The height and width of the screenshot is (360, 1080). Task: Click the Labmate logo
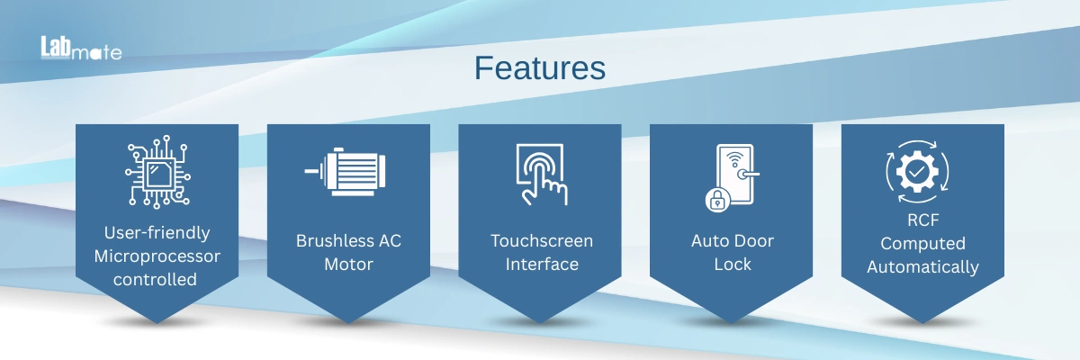click(x=81, y=49)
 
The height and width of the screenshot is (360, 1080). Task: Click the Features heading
click(x=540, y=68)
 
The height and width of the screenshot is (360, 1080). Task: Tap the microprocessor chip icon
click(x=157, y=172)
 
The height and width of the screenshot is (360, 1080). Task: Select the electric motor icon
click(x=346, y=172)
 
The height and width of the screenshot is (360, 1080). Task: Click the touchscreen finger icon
click(x=542, y=175)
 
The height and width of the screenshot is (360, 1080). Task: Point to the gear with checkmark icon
click(x=917, y=172)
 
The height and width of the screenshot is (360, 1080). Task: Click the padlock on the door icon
click(x=717, y=200)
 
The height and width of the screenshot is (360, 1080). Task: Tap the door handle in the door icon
click(x=747, y=174)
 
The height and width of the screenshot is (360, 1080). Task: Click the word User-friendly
click(x=157, y=233)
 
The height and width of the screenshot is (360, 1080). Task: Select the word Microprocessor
click(x=157, y=256)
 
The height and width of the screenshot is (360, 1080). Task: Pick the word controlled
click(x=155, y=280)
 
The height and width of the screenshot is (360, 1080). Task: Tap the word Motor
click(x=348, y=264)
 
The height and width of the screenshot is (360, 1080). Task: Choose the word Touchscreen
click(x=542, y=241)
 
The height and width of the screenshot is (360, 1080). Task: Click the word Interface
click(x=542, y=264)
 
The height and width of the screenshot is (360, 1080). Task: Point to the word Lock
click(x=733, y=264)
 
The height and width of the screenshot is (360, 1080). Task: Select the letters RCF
click(x=923, y=220)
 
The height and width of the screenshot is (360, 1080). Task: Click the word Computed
click(x=922, y=243)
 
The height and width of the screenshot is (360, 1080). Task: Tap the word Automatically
click(x=922, y=267)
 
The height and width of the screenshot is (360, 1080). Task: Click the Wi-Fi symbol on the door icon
click(x=734, y=159)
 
